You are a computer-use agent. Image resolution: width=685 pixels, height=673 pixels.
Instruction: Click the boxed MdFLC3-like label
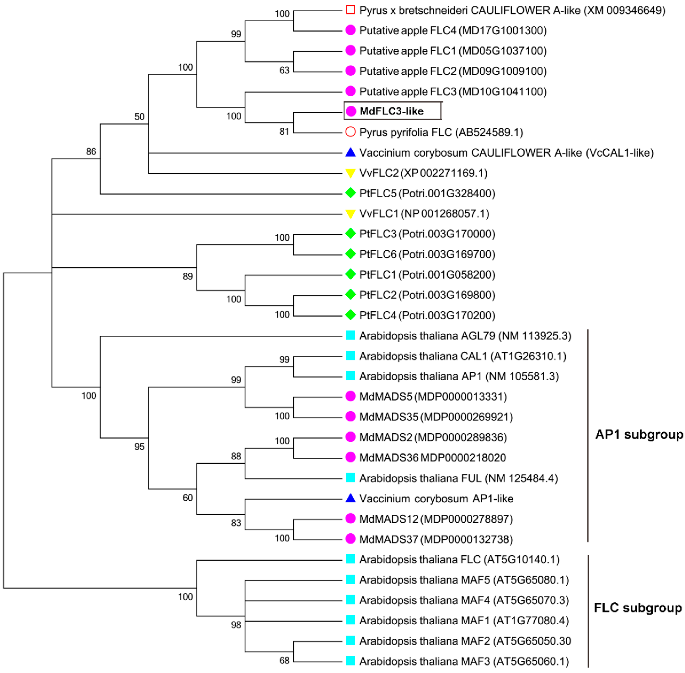(392, 111)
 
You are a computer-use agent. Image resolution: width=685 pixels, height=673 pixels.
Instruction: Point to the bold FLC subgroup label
(638, 607)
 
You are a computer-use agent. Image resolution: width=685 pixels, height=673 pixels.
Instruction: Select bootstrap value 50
(139, 117)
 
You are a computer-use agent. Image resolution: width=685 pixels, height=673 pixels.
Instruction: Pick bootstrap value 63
(284, 70)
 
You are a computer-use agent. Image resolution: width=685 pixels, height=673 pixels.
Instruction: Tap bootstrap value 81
(284, 132)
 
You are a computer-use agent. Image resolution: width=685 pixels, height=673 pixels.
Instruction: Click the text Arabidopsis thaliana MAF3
(464, 661)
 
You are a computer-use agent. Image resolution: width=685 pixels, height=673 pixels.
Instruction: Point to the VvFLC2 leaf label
(423, 173)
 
